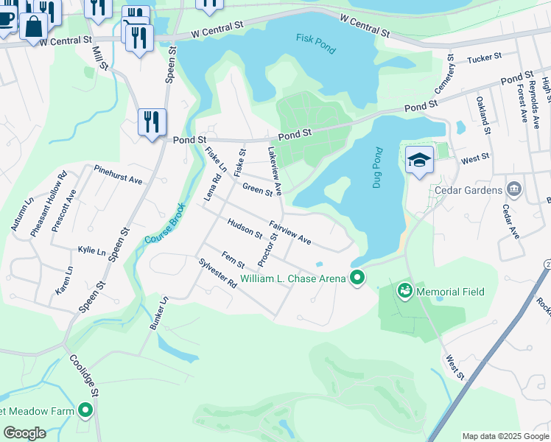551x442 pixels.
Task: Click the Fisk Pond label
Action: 315,44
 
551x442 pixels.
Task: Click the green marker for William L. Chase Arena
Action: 357,278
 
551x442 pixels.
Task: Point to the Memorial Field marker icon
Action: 404,292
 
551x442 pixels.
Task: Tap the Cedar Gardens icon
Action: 514,190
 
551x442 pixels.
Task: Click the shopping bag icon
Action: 33,28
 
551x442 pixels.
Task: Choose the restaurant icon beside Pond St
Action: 152,122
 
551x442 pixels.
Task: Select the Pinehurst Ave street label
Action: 118,175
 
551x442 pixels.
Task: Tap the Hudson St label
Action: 245,229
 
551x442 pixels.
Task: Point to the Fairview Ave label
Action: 290,234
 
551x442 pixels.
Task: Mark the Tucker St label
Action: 484,56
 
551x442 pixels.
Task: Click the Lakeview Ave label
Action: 274,170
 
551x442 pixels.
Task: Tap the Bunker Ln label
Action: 160,314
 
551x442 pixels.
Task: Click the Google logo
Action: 24,433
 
